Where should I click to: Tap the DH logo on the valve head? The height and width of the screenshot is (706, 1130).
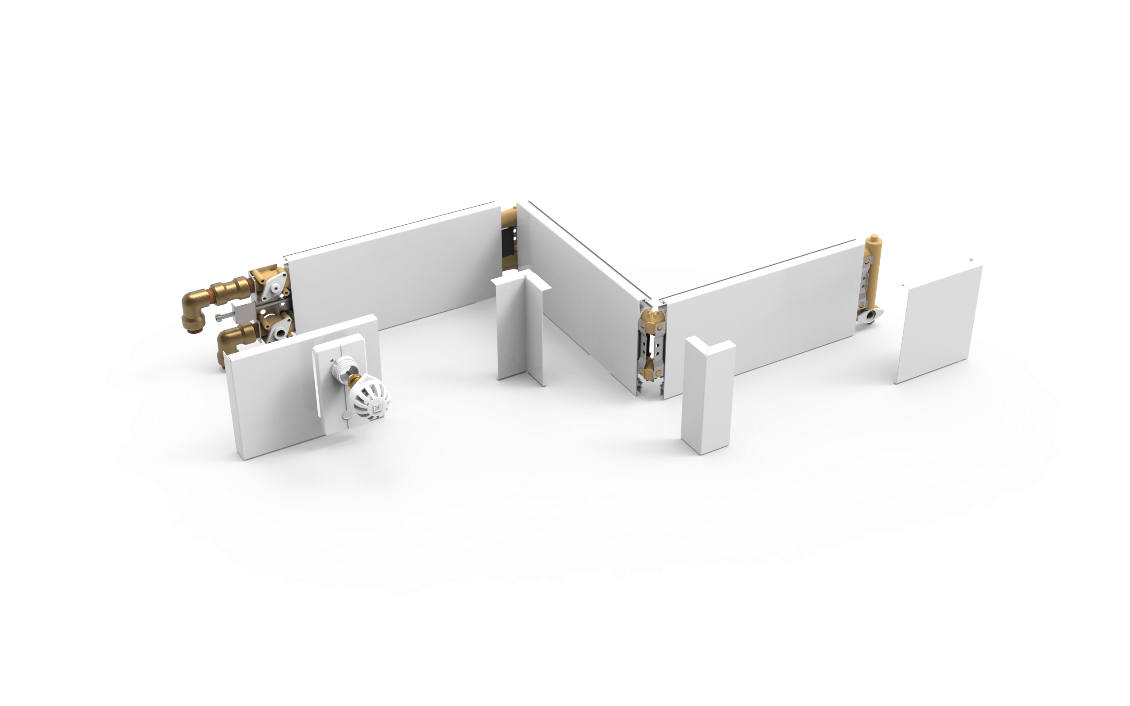coord(377,408)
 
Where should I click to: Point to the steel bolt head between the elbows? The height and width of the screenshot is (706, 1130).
coord(220,317)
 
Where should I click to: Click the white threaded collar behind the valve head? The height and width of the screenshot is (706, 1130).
coord(344,367)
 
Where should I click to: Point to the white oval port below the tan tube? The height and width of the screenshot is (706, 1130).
coord(870,316)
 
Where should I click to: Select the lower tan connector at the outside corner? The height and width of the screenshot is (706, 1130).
coord(650,370)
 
